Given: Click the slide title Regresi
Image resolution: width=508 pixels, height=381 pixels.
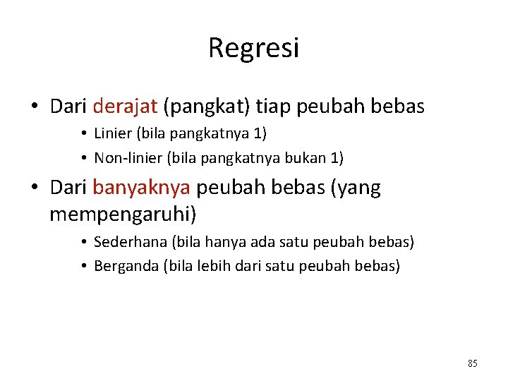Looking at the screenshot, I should coord(253,48).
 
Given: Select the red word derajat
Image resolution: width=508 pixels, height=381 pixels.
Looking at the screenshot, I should coord(125,107).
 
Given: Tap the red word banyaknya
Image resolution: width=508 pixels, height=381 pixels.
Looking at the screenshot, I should coord(142,188).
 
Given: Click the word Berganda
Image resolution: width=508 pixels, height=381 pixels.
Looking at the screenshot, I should coord(126,266).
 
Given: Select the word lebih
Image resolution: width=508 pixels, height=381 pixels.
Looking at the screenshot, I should coord(214,266).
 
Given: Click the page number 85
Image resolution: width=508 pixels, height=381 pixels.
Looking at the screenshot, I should coord(472,363).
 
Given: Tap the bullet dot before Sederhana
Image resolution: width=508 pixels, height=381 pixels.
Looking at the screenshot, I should coord(83,243).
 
